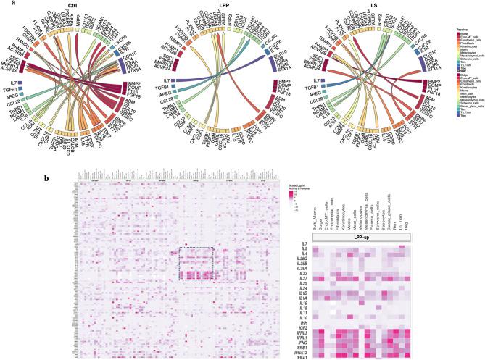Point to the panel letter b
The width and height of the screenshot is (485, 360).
click(48, 177)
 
